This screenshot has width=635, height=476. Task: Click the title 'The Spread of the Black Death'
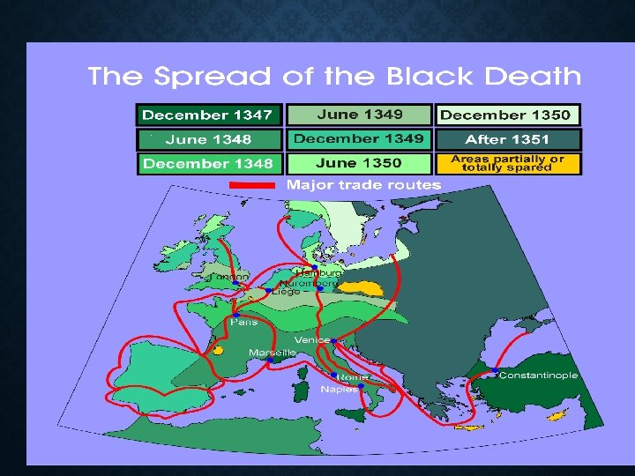coord(334,76)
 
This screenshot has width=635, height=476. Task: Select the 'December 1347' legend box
coord(210,115)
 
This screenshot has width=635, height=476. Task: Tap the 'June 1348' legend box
coord(210,139)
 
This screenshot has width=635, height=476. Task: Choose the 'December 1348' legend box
coord(210,163)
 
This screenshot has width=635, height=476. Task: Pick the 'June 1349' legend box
coord(360,115)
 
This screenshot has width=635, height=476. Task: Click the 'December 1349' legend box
coord(360,139)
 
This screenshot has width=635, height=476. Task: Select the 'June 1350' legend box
coord(360,163)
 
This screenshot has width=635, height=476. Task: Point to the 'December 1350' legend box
coord(507,115)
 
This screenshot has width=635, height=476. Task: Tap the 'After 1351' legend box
coord(507,139)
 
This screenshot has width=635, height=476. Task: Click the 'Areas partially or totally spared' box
coord(507,163)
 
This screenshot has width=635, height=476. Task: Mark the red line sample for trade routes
coord(254,185)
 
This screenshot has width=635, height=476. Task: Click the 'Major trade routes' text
coord(364,185)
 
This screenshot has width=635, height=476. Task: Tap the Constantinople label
coord(538,375)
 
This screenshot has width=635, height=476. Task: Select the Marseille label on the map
coord(273,352)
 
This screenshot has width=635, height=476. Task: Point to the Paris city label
coord(243,322)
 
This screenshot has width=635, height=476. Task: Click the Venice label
coord(312,339)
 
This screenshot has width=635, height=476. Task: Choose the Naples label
coord(339,389)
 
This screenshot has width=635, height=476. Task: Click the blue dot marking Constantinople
coord(496,368)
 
